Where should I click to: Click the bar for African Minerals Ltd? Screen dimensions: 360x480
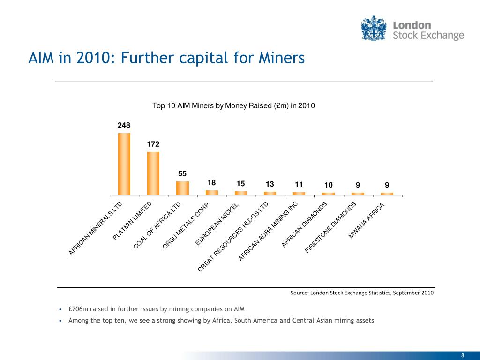[x=124, y=164]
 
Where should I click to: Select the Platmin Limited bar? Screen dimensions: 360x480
[x=153, y=173]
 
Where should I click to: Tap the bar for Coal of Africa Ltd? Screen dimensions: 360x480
[x=182, y=187]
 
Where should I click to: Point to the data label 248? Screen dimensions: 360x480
[x=124, y=125]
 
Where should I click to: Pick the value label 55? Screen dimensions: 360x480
[x=182, y=173]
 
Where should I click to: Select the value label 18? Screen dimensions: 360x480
[x=211, y=183]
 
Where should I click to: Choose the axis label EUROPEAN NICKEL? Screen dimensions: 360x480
[x=218, y=224]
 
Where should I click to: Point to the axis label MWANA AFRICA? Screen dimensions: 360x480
[x=367, y=221]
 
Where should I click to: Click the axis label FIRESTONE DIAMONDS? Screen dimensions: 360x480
[x=331, y=227]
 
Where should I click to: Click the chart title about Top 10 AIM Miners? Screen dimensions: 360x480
[x=234, y=106]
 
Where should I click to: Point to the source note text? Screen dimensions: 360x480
[x=362, y=293]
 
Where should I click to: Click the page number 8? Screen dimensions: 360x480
[x=463, y=354]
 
